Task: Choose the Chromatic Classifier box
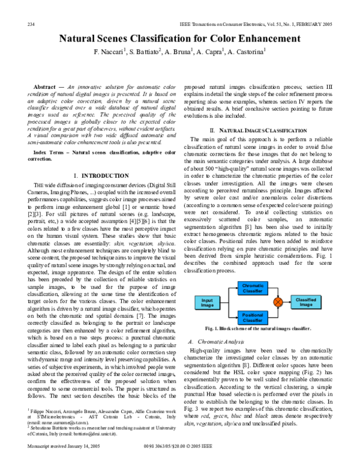click(252, 288)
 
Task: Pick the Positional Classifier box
click(252, 317)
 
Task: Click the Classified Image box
click(306, 302)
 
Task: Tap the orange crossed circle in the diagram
click(278, 302)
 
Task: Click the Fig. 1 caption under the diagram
click(258, 329)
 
